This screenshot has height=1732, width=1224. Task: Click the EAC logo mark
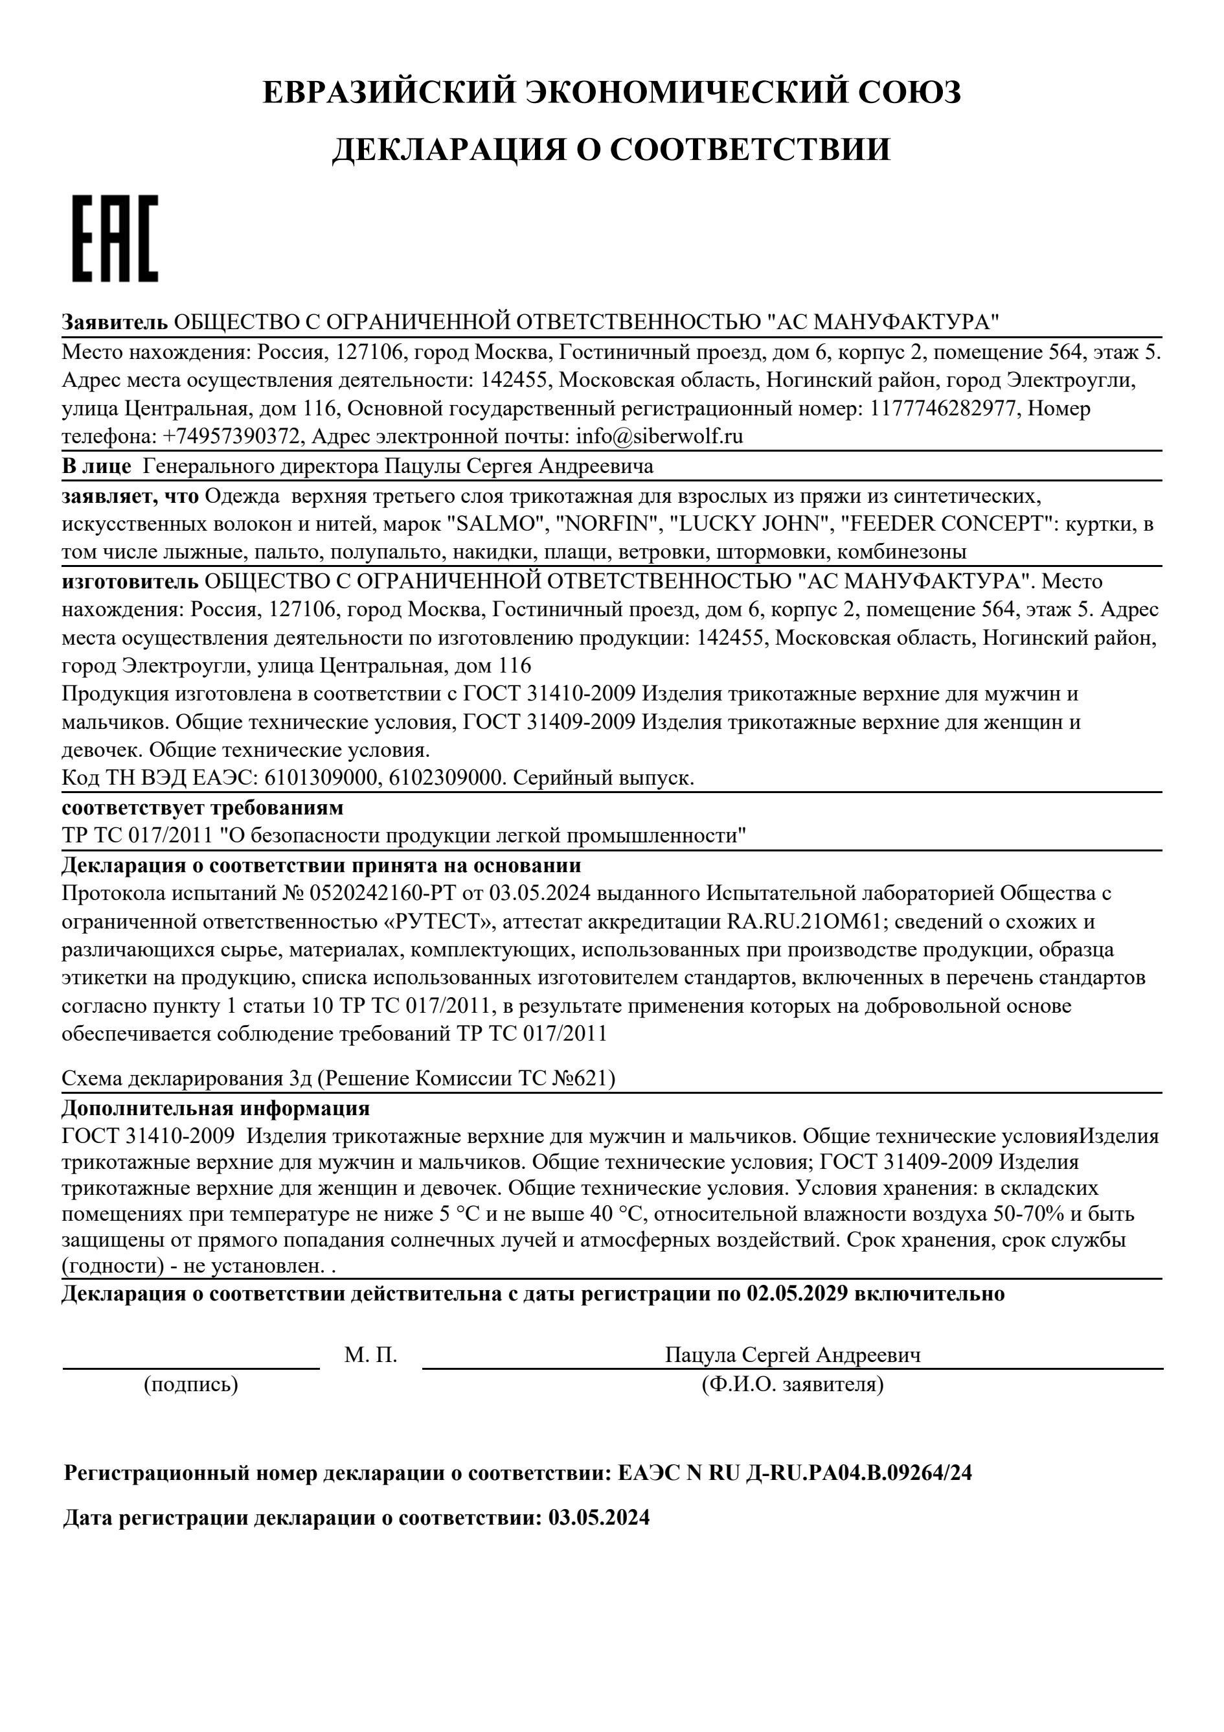click(x=115, y=238)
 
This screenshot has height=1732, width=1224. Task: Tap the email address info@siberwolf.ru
click(x=659, y=437)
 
